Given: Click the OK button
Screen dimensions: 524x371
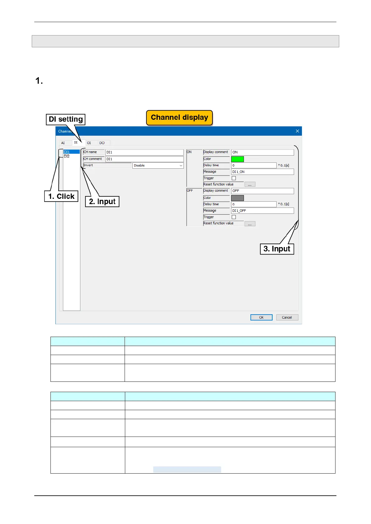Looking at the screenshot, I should pos(261,317).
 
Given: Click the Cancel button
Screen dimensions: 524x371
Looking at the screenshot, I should pos(287,317).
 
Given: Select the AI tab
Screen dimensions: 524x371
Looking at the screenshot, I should pos(63,143).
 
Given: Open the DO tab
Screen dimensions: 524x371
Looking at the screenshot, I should pos(102,143).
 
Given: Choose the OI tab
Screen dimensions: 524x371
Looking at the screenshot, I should pos(89,143).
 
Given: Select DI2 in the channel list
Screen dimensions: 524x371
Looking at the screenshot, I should pos(67,156).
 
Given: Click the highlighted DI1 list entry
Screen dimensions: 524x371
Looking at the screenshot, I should pos(71,152).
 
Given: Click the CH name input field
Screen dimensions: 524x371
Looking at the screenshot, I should pos(144,152).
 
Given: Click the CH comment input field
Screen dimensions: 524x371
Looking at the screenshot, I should pos(144,159).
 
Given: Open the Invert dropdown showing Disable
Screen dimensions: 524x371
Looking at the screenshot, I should pos(158,166).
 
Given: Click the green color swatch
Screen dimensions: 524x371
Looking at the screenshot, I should pos(237,159).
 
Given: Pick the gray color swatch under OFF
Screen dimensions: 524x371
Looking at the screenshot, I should pos(237,198).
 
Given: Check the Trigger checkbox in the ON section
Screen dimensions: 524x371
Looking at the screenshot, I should pos(234,178).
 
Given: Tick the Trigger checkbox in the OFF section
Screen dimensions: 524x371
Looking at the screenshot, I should pos(234,217).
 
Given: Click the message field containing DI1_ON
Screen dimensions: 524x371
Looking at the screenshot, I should pos(262,172).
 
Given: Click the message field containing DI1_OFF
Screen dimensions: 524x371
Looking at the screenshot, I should pos(262,211).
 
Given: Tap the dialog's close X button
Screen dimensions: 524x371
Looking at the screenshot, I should pos(297,131).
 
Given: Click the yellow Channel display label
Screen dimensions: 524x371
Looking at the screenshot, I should pos(179,118).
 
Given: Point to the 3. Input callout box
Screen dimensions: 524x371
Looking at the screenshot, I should pos(277,249).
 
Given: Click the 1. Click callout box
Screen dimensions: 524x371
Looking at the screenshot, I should pos(61,196).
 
